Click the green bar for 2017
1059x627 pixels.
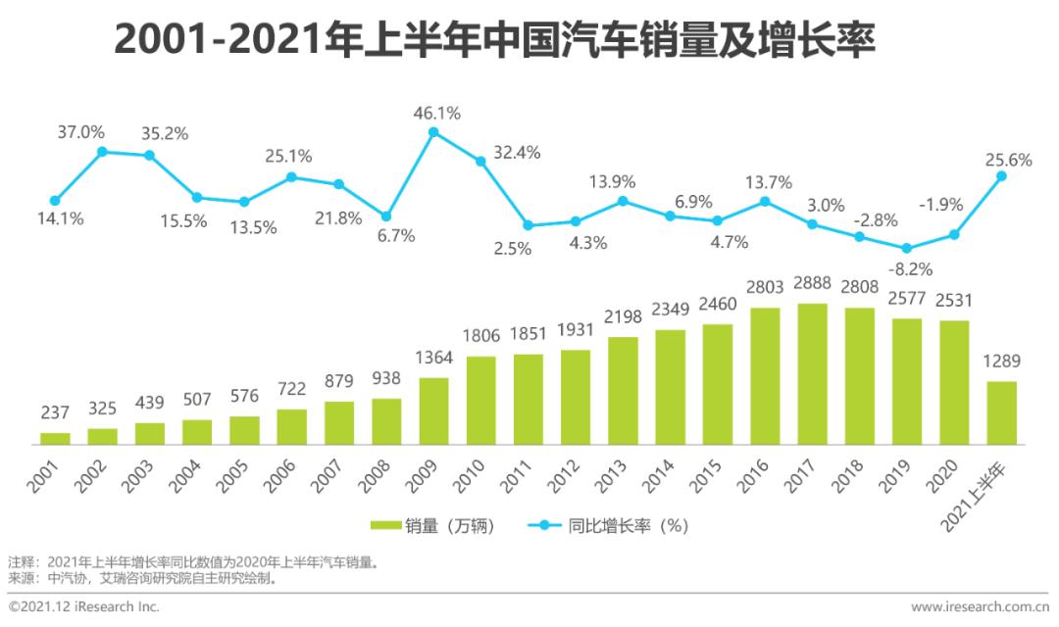click(812, 373)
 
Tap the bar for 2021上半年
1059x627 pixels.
click(1001, 412)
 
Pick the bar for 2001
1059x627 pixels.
click(55, 438)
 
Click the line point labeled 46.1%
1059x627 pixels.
click(433, 131)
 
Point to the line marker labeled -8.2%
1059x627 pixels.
click(907, 249)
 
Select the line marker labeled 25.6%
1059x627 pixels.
click(1001, 176)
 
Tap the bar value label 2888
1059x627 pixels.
click(812, 285)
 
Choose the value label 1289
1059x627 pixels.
click(1001, 362)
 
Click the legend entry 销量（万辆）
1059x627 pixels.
click(432, 526)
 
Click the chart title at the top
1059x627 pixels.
click(494, 41)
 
